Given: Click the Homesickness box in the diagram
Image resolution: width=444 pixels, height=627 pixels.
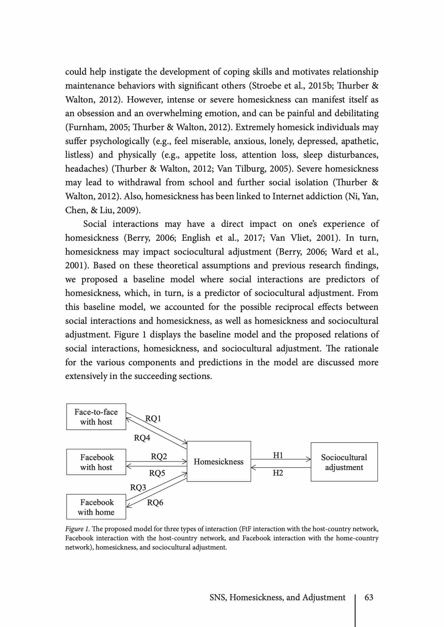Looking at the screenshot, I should coord(219,462).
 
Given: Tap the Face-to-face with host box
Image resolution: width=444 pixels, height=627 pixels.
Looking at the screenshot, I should coord(96,417).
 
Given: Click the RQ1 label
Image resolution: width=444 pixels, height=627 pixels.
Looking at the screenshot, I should coord(153,419).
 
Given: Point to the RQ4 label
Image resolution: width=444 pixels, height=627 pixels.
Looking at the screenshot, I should coord(142,438).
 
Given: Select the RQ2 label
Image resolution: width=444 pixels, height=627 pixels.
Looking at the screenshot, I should coord(159,456).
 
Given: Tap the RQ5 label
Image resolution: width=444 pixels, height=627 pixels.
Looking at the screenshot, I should coord(157,473).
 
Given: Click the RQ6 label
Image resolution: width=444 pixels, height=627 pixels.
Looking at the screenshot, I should coord(155,503).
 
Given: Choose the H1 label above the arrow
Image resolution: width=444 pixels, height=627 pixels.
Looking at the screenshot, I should coord(278,455).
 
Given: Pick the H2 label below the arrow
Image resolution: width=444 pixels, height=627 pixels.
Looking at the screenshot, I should coord(278,473).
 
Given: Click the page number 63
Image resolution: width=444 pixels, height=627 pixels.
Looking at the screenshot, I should coord(369,597).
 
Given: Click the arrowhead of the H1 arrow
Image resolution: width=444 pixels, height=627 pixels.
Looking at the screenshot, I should coord(309,459).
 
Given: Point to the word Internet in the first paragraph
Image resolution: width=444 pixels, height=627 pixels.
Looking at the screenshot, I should coord(288,196).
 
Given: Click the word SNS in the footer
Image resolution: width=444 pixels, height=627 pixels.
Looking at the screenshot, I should coord(218,597).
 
